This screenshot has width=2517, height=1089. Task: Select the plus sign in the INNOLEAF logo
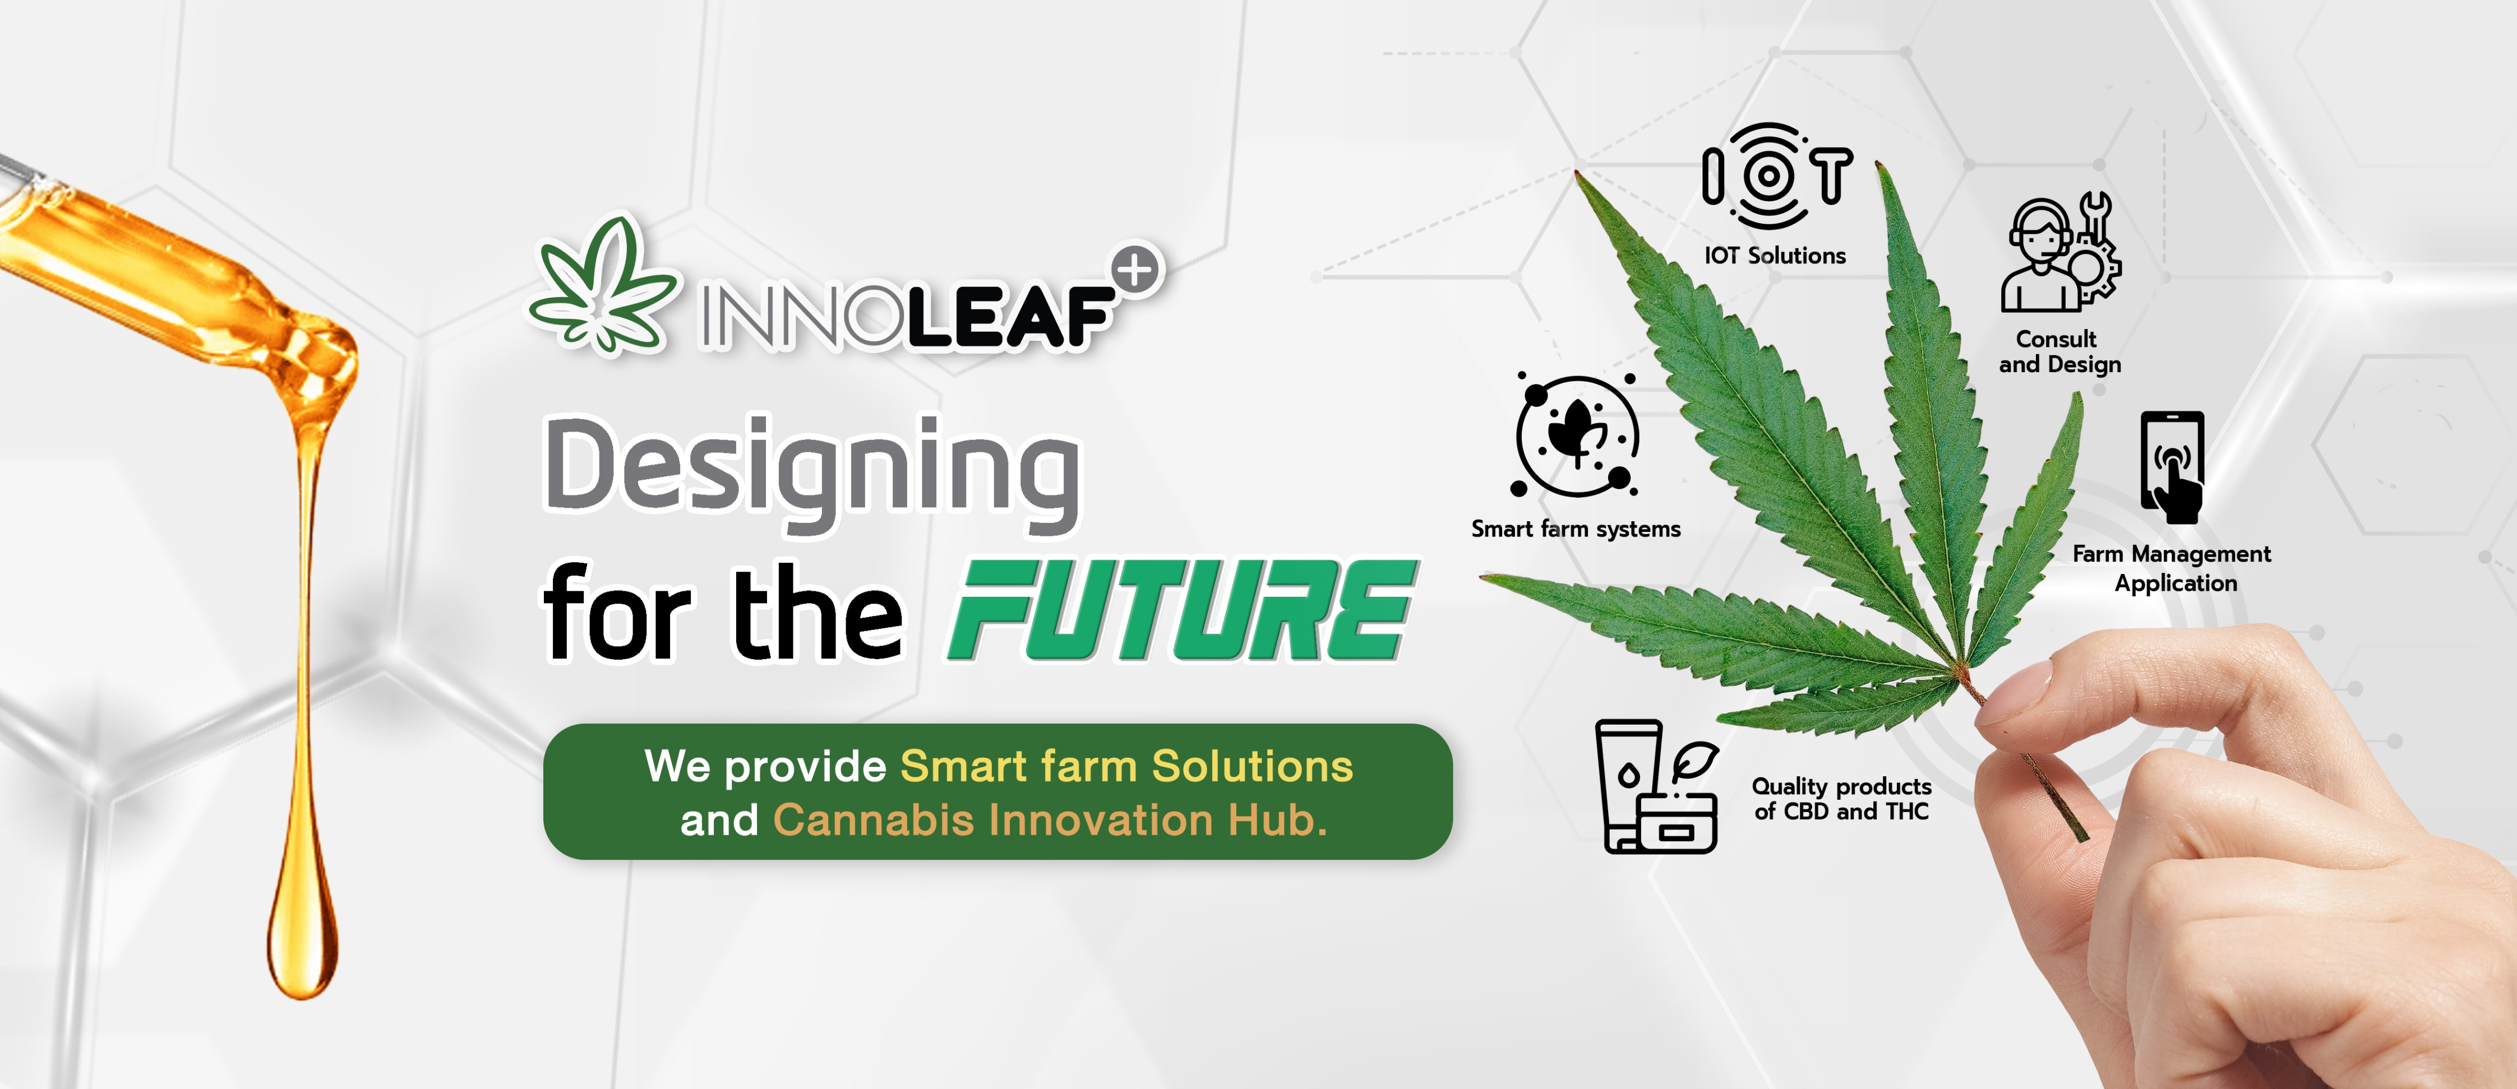[1137, 271]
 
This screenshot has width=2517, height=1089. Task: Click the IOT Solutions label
[1775, 256]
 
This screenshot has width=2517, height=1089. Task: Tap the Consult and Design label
[2059, 351]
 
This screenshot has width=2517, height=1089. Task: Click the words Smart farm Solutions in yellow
[1126, 767]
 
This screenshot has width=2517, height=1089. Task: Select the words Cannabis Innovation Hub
[1050, 821]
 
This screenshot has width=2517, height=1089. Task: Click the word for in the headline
[617, 613]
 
